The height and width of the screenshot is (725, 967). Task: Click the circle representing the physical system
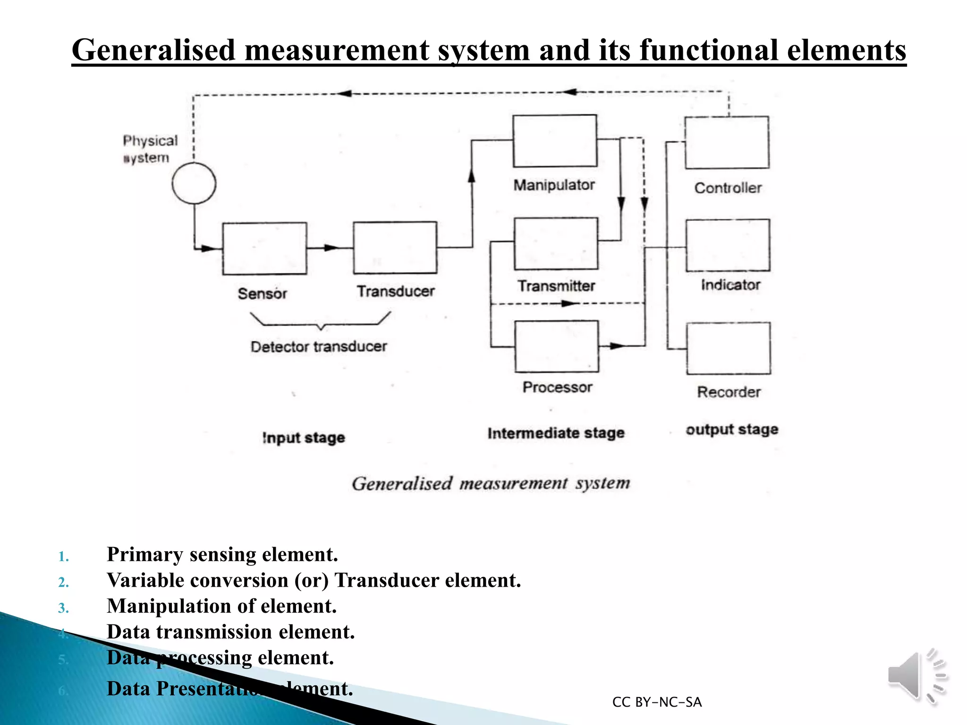pos(194,183)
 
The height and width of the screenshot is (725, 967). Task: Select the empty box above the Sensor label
pos(264,248)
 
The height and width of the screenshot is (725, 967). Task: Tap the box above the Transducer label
pos(395,248)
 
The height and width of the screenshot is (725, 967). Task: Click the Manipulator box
pos(555,141)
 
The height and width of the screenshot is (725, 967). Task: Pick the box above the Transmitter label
pos(556,244)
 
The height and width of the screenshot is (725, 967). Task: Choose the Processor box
pos(557,346)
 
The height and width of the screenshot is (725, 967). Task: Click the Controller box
pos(727,143)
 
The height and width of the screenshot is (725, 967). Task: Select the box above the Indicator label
pos(728,245)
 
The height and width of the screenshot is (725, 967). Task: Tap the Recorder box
pos(728,348)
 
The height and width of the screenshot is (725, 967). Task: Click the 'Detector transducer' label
pos(319,346)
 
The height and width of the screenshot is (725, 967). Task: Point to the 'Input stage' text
pos(304,438)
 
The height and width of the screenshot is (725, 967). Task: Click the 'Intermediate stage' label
pos(556,433)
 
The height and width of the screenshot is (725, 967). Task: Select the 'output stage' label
pos(732,430)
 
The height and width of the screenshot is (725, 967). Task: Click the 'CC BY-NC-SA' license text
pos(657,702)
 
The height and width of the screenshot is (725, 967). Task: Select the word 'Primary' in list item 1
pos(144,555)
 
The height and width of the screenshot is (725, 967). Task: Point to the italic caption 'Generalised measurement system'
pos(491,483)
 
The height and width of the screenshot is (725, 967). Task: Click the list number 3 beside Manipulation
pos(63,608)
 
